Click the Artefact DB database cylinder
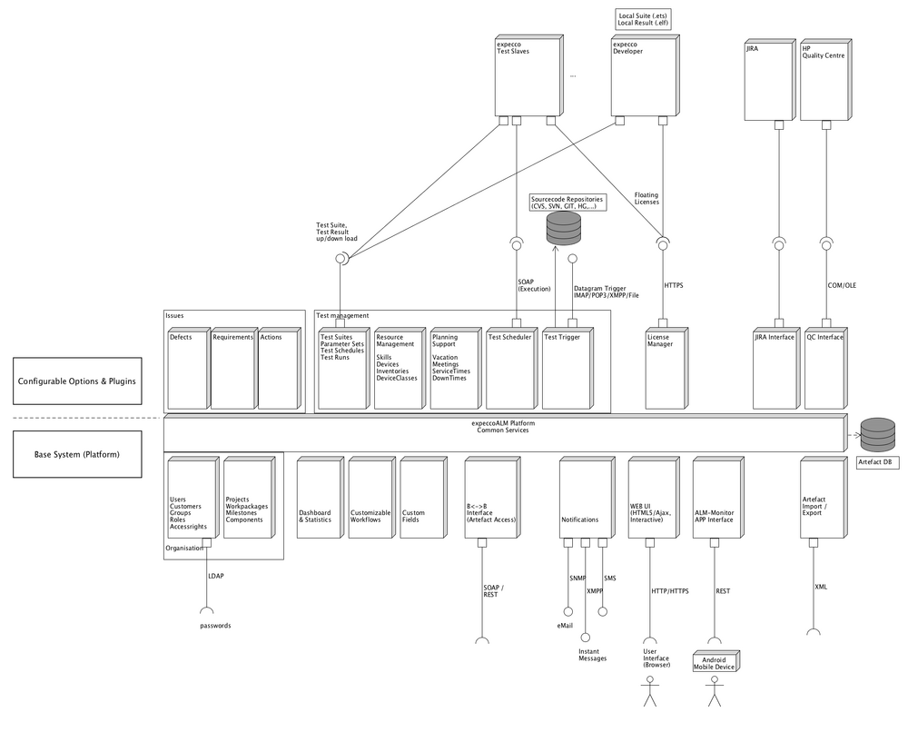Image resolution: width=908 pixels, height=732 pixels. [877, 435]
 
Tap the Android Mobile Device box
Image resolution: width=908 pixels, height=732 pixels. [715, 662]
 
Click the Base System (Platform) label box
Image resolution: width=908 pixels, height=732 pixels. [77, 454]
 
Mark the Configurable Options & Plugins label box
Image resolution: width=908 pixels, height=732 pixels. [77, 381]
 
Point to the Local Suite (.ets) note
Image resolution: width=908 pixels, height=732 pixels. [642, 19]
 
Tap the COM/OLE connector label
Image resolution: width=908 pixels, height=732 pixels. [842, 285]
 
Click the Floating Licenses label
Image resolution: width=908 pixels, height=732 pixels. [646, 199]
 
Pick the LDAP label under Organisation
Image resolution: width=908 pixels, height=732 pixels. [216, 576]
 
